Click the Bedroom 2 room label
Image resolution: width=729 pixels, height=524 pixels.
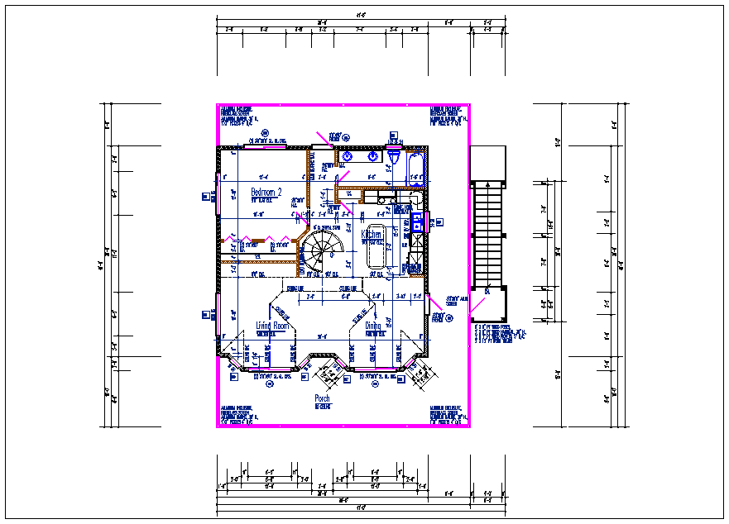[x=266, y=193]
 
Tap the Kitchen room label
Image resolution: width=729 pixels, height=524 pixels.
[x=372, y=236]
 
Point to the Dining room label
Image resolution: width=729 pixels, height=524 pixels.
[x=374, y=326]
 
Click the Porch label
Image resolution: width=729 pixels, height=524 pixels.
[x=322, y=399]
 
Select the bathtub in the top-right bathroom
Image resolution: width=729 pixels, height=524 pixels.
[x=415, y=168]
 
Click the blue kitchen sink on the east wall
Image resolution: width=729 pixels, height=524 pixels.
[x=418, y=222]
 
